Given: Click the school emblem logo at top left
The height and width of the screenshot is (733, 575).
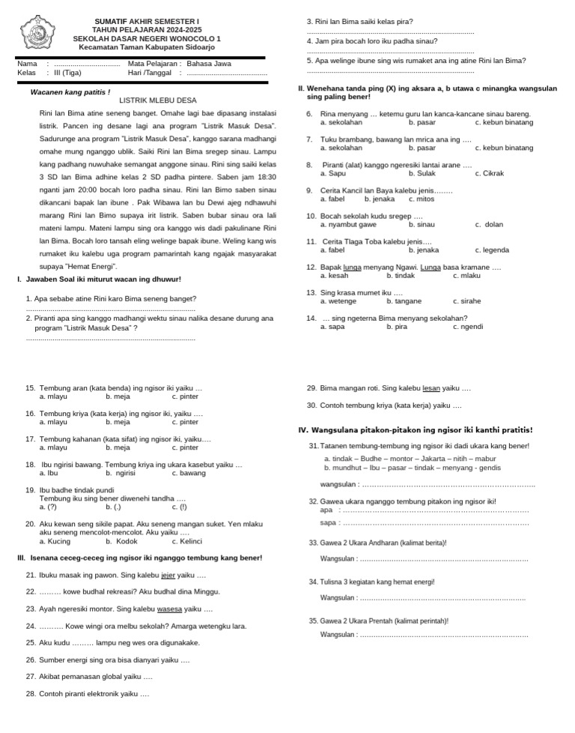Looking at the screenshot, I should tap(34, 33).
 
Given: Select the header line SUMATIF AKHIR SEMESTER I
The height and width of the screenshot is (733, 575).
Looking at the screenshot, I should tap(147, 21).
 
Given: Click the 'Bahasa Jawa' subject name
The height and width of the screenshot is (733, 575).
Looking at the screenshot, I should tap(210, 64).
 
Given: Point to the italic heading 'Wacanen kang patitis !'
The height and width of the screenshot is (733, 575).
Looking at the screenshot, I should tap(70, 92).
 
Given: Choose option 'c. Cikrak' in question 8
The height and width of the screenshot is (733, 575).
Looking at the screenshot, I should tap(489, 174).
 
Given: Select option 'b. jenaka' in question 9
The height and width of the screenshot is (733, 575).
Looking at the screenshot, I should tap(380, 199).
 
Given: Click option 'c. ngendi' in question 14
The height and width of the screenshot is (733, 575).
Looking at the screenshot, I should tap(468, 327).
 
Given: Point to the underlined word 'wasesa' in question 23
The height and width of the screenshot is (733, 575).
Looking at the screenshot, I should tap(169, 609).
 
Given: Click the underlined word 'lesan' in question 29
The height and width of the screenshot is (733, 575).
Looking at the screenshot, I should tap(431, 388).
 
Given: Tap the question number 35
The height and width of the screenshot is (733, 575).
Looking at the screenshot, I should tap(314, 621).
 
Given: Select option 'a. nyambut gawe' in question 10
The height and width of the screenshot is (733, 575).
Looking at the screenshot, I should tap(348, 225).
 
